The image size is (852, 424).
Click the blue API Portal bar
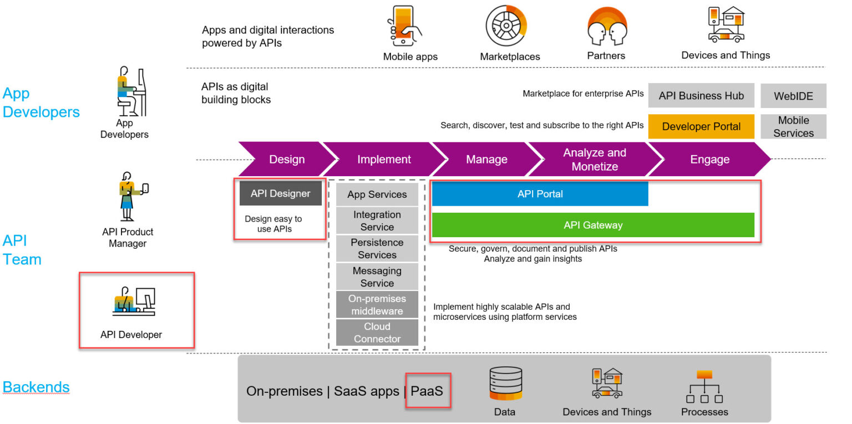pyautogui.click(x=540, y=194)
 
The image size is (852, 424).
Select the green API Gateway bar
pyautogui.click(x=593, y=225)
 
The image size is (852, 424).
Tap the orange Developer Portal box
pyautogui.click(x=701, y=126)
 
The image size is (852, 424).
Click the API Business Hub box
pyautogui.click(x=701, y=96)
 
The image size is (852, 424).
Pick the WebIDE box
pyautogui.click(x=793, y=96)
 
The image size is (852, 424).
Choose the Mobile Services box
pyautogui.click(x=793, y=126)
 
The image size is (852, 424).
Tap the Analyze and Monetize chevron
pyautogui.click(x=595, y=160)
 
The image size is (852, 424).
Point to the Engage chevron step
pyautogui.click(x=709, y=160)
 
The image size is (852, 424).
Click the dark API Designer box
pyautogui.click(x=280, y=193)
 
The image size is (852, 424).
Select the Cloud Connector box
pyautogui.click(x=377, y=333)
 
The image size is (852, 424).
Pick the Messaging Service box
pyautogui.click(x=377, y=277)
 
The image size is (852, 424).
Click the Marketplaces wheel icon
pyautogui.click(x=506, y=26)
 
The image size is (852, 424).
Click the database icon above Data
pyautogui.click(x=505, y=383)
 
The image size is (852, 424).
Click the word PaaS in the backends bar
pyautogui.click(x=427, y=391)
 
